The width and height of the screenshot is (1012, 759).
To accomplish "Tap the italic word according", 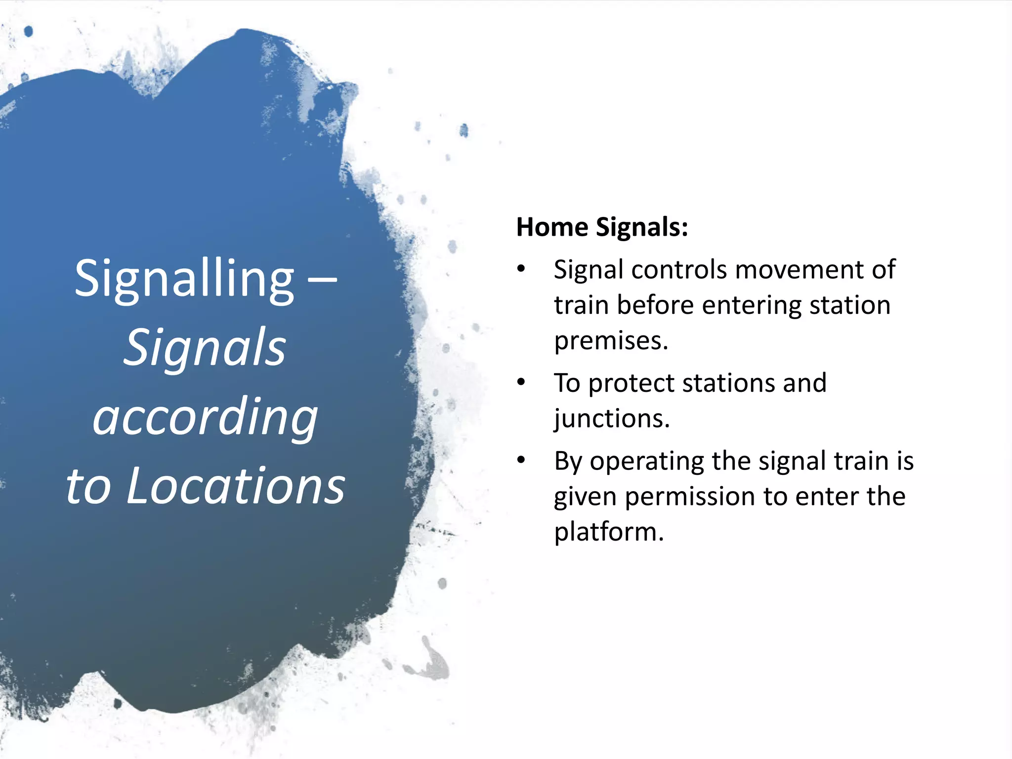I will coord(205,418).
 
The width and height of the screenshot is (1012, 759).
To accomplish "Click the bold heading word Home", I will coord(552,227).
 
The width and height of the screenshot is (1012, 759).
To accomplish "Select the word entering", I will coord(751,305).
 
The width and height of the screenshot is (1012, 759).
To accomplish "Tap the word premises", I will coord(611,341).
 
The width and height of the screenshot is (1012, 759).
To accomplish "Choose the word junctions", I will coord(612,419).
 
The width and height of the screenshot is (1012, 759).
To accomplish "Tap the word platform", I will coord(608,532).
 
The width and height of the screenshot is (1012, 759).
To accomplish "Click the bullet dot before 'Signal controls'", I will coord(521,270).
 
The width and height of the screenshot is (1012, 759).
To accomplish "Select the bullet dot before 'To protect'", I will coord(521,382).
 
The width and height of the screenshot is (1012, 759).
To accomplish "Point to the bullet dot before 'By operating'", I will coord(521,461).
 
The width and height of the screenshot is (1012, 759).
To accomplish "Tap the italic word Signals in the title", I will coord(205,348).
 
